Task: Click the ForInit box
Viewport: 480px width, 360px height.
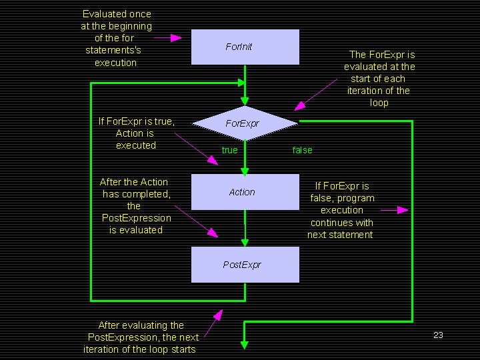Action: coord(245,47)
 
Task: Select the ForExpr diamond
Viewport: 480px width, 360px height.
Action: coord(245,123)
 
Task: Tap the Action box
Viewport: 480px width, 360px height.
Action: coord(245,192)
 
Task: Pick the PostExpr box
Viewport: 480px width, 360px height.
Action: coord(245,265)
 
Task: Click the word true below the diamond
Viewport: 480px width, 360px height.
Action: coord(229,150)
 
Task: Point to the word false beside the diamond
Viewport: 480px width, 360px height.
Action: coord(302,150)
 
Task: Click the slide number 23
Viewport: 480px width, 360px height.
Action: coord(438,335)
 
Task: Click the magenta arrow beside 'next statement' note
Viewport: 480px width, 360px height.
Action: coord(394,210)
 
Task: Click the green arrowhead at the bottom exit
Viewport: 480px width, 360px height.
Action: coord(245,344)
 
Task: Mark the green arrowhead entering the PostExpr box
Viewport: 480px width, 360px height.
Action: coord(245,242)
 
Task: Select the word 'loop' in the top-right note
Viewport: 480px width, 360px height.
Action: coord(379,103)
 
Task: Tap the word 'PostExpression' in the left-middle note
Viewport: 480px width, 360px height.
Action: coord(136,218)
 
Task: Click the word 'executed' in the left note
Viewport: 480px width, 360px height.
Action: coord(136,145)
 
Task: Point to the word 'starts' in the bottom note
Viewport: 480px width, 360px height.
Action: coord(183,349)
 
